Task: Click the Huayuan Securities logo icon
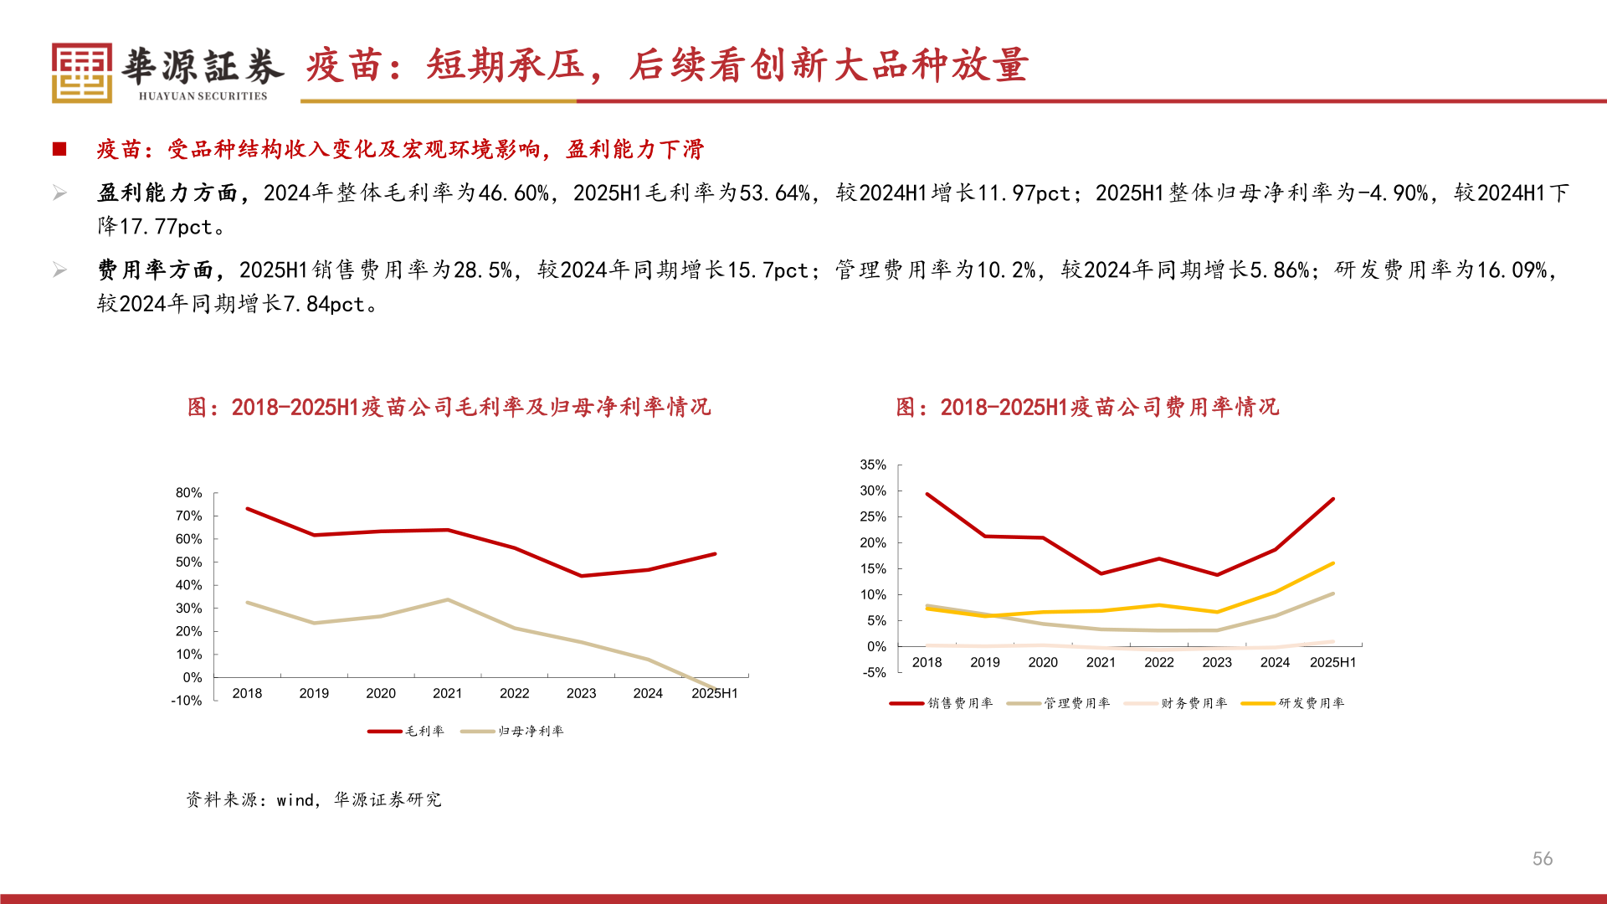[x=81, y=73]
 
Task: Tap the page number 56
[x=1542, y=859]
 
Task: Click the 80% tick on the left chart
[x=188, y=493]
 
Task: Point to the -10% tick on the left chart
[x=187, y=701]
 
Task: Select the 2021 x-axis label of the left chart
[x=447, y=693]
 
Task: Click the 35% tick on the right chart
[x=872, y=465]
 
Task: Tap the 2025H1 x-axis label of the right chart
[x=1332, y=662]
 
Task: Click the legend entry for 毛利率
[x=407, y=731]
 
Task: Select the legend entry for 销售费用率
[x=942, y=703]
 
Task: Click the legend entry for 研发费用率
[x=1293, y=703]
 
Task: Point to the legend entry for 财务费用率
[x=1176, y=703]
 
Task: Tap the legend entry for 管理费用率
[x=1059, y=703]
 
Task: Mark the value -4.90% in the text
[x=1393, y=193]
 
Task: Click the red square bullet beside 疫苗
[x=59, y=149]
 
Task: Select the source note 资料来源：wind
[x=314, y=799]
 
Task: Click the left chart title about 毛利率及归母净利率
[x=449, y=407]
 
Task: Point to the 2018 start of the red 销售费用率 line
[x=927, y=495]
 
